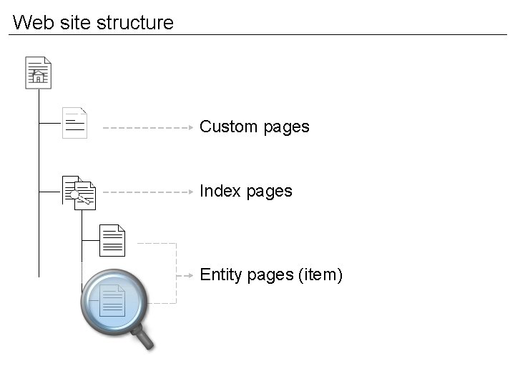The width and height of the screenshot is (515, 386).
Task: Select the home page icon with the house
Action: click(38, 72)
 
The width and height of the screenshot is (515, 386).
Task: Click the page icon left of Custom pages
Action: click(74, 123)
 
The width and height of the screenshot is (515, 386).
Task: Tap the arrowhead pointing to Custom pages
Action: click(191, 128)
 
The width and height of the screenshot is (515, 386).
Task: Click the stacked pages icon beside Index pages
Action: click(79, 191)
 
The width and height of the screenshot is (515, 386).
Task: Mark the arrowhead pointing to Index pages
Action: click(191, 192)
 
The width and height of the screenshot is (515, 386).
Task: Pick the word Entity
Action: click(220, 275)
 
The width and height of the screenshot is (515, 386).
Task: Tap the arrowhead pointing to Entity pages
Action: click(191, 274)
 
